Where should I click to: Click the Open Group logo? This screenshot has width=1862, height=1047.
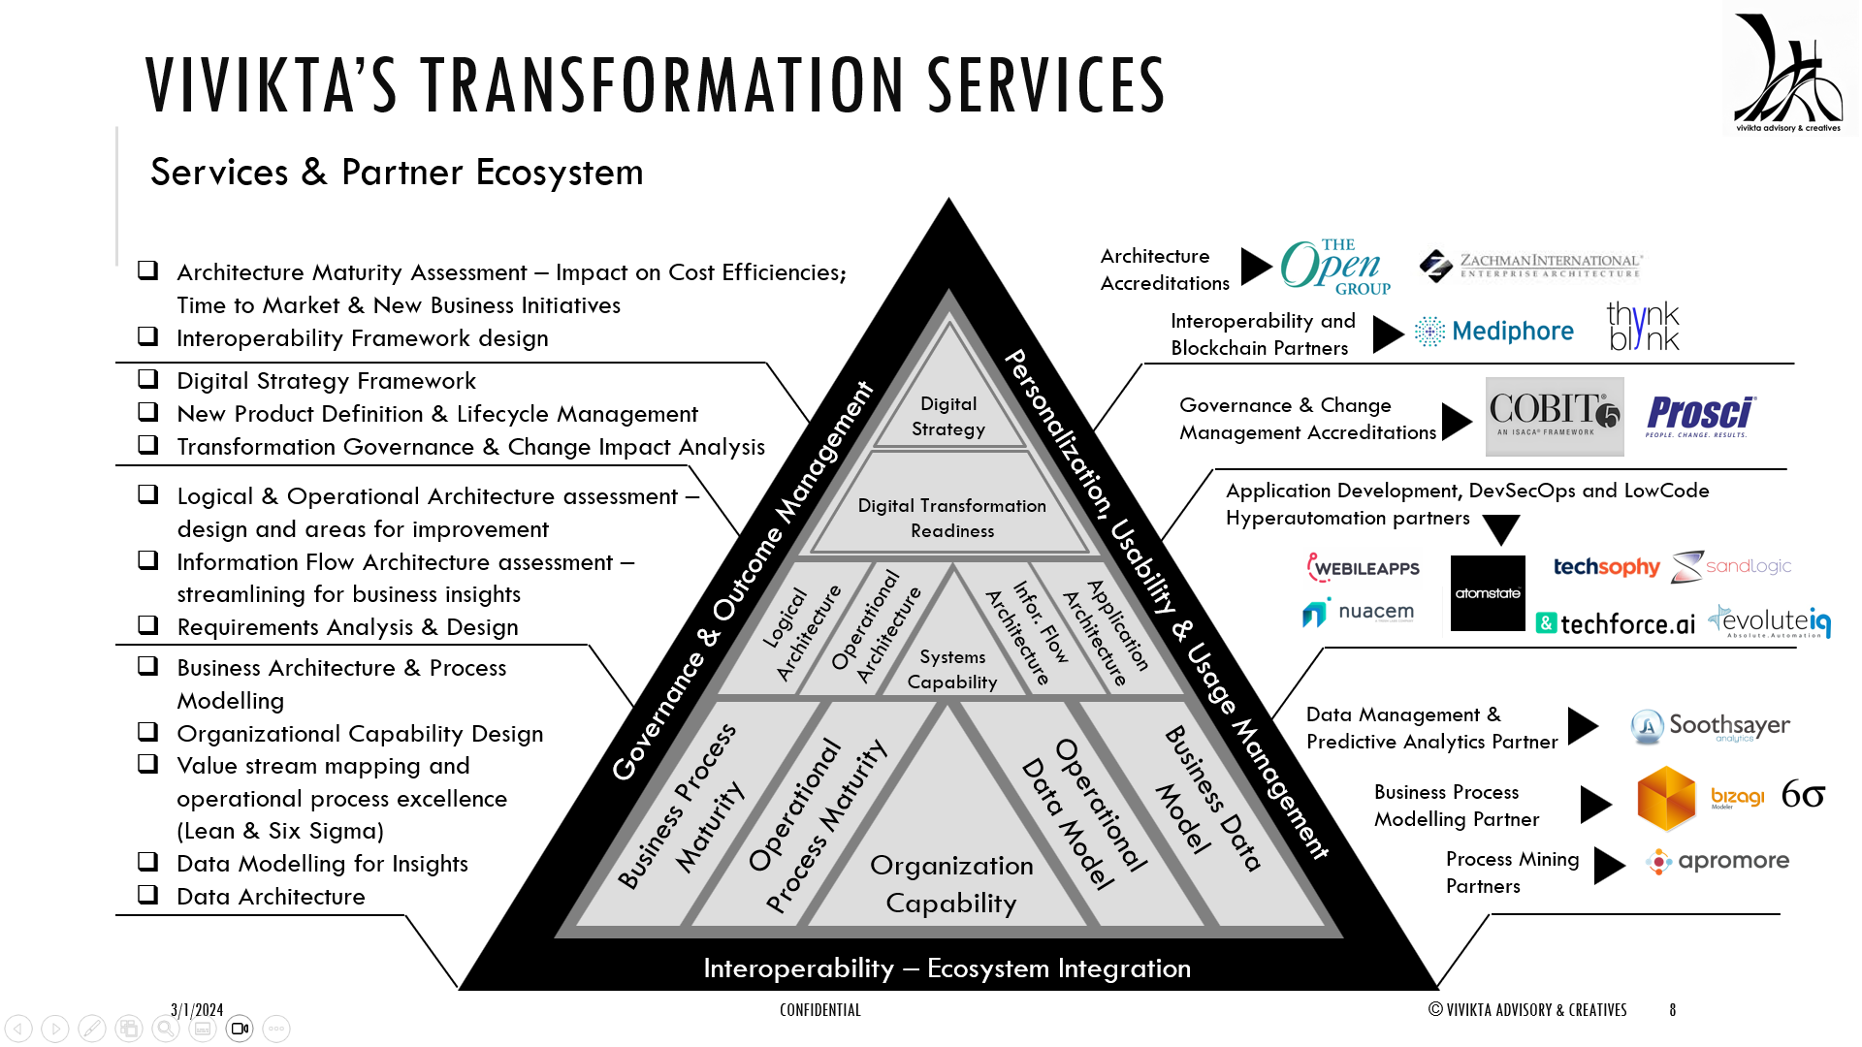click(x=1335, y=267)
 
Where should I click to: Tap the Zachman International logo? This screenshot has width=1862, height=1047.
click(x=1530, y=265)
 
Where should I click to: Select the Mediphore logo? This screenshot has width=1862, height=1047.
click(x=1494, y=332)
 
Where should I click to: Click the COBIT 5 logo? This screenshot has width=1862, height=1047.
click(x=1554, y=417)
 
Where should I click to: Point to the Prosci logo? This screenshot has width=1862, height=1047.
click(x=1701, y=416)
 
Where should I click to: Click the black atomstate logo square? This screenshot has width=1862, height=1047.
click(x=1488, y=593)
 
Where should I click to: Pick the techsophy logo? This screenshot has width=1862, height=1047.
click(x=1606, y=567)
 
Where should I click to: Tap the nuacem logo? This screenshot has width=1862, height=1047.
click(x=1358, y=613)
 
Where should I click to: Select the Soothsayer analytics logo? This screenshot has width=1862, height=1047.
click(x=1711, y=726)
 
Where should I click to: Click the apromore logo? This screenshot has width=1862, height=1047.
click(x=1718, y=861)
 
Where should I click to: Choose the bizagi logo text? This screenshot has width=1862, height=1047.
click(x=1737, y=797)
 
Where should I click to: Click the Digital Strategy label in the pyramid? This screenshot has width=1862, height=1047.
click(x=948, y=416)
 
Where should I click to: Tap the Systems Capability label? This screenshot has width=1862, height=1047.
click(x=952, y=669)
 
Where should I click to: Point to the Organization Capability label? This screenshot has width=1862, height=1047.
click(x=951, y=883)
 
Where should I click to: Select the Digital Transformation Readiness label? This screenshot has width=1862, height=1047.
click(x=952, y=518)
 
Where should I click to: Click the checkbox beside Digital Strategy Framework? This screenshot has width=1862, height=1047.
click(x=148, y=379)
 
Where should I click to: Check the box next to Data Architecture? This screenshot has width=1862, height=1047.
click(x=148, y=895)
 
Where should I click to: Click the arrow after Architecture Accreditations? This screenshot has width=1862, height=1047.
click(x=1256, y=266)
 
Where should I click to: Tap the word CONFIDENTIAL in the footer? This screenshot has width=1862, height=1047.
click(x=819, y=1010)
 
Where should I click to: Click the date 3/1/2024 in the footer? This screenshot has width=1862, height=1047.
click(x=197, y=1010)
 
